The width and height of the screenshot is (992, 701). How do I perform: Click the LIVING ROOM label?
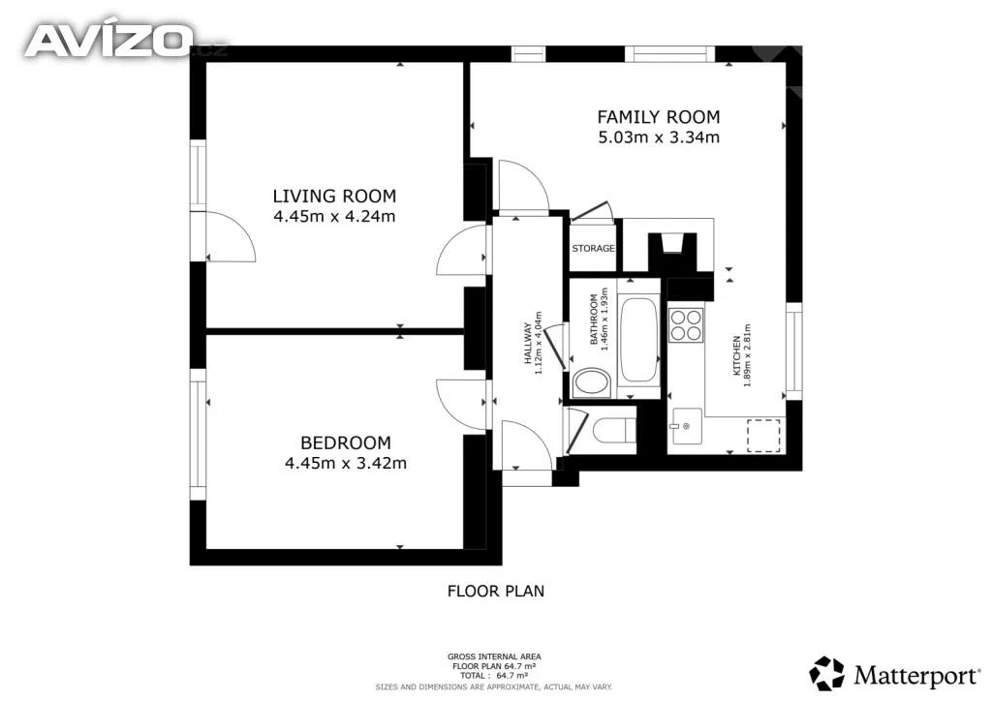pos(334,196)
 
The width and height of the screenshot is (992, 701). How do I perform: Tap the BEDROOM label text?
pos(346,442)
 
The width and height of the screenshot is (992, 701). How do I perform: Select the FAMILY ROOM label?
pos(659,117)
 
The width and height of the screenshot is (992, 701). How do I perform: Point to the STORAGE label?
pos(593,249)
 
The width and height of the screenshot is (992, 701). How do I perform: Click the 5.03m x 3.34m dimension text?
pos(659,137)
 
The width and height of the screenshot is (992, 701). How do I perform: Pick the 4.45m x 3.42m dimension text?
pos(346,464)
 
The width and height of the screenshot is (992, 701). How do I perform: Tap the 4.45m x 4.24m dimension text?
pos(334,216)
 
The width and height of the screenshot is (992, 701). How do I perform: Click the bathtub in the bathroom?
pos(638,340)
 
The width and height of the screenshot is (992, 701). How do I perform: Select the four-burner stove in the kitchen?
pos(687,324)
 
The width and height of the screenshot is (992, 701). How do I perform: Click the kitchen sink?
pos(687,426)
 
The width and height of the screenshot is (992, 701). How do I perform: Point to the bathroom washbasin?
pos(592,382)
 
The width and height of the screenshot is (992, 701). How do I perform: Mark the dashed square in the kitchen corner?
pos(763,435)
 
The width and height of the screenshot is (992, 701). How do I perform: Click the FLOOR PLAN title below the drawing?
pos(496,591)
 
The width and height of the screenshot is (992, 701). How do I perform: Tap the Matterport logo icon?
pos(827,673)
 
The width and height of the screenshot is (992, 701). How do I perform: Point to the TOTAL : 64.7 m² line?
pos(494,676)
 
